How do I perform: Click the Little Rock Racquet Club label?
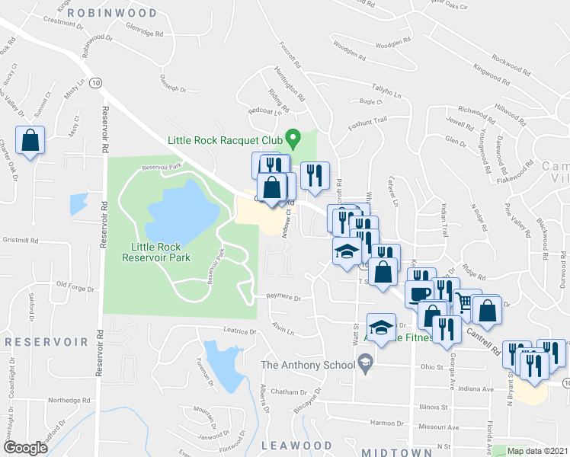click(225, 140)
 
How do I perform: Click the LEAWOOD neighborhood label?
click(297, 446)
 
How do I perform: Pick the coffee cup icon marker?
click(418, 293)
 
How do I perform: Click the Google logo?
click(25, 448)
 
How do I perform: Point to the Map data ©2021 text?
click(538, 451)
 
